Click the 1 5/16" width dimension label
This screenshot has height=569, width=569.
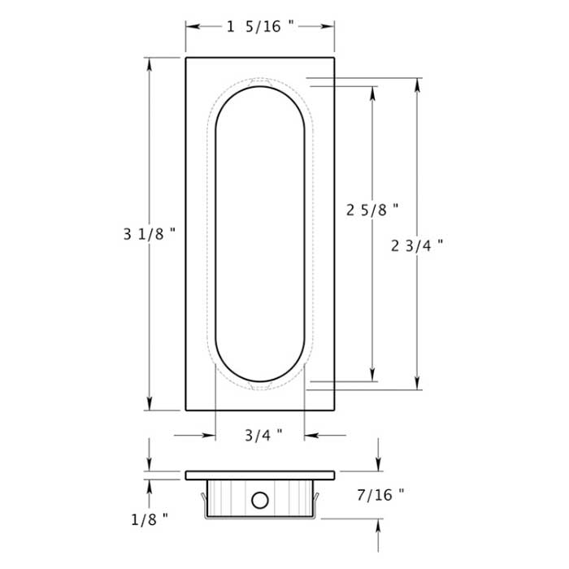click(x=260, y=27)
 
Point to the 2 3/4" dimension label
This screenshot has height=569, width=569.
click(x=417, y=245)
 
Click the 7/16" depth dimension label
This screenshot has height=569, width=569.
click(x=380, y=493)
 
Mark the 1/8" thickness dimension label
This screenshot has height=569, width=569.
click(x=148, y=517)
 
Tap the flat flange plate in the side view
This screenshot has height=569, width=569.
click(x=260, y=475)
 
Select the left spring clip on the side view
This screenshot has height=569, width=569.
click(x=201, y=497)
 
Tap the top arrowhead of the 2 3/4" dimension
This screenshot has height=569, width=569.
click(x=417, y=85)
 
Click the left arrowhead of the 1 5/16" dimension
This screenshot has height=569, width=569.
click(x=192, y=27)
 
